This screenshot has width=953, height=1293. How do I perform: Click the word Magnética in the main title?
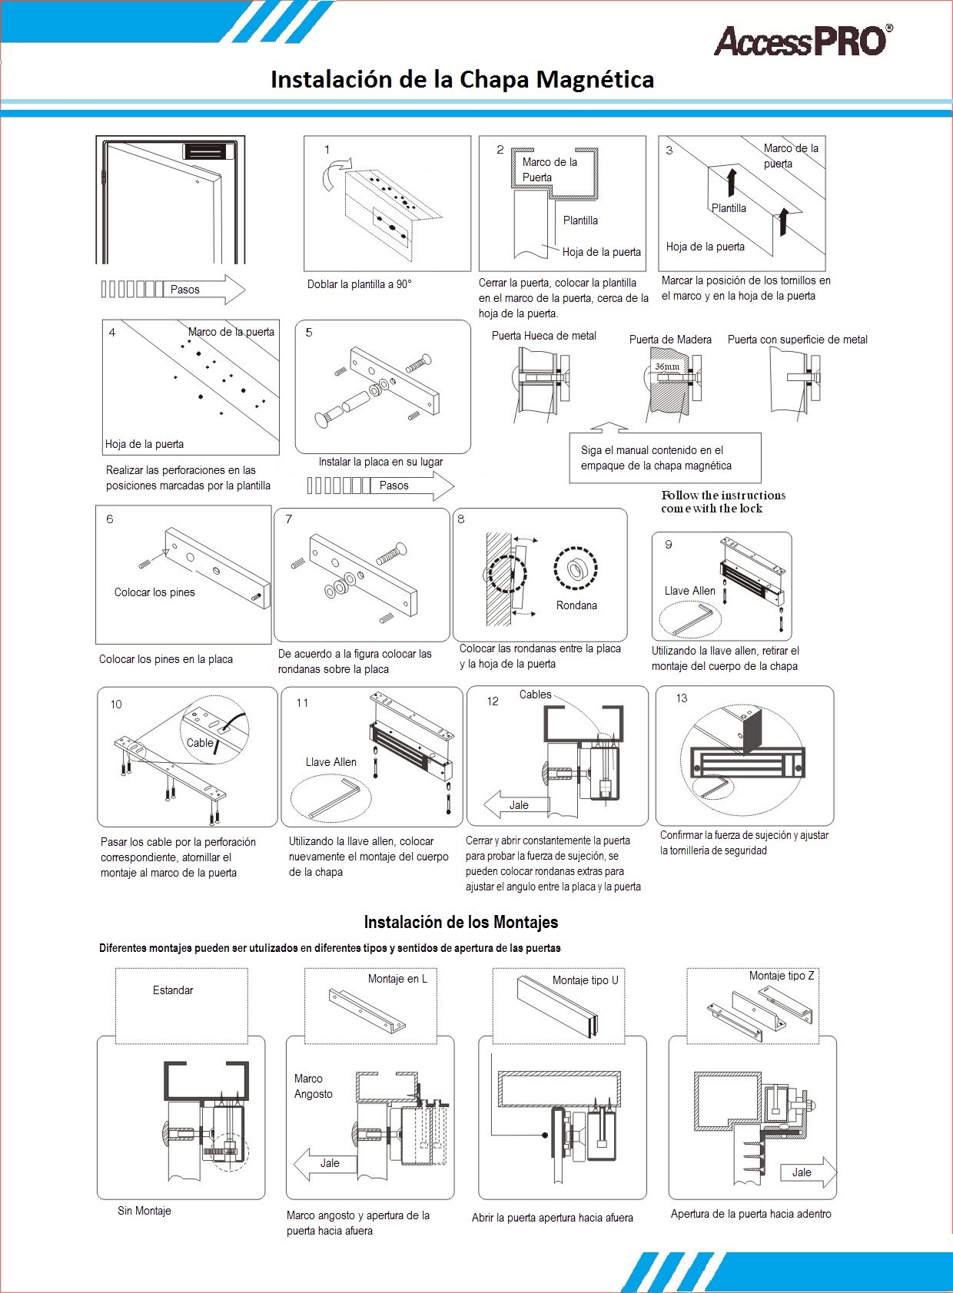(x=594, y=80)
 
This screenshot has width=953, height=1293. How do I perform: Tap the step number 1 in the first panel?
(x=327, y=150)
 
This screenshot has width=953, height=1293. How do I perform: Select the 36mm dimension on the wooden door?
(x=666, y=367)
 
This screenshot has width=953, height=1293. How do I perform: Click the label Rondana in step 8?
(x=576, y=605)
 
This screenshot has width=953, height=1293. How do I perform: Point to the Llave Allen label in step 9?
(x=689, y=591)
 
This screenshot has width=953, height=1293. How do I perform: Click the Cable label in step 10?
(x=200, y=743)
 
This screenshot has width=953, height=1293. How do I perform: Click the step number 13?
(x=682, y=698)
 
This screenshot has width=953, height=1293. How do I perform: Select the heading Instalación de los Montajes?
(x=461, y=922)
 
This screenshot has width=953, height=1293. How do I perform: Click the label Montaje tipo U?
(x=585, y=980)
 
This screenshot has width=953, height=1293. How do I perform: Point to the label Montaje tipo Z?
(x=782, y=976)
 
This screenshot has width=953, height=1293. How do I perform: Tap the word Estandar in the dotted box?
(x=173, y=990)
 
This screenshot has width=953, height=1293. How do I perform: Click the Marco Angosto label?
(x=314, y=1086)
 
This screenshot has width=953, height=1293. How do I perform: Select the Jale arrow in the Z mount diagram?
(x=806, y=1172)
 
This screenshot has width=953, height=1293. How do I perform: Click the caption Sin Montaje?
(x=144, y=1211)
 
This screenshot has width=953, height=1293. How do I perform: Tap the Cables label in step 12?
(x=535, y=695)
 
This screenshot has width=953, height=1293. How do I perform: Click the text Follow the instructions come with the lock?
(x=722, y=502)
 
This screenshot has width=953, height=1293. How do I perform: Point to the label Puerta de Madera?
(x=670, y=340)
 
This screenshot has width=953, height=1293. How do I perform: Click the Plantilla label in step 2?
(x=580, y=220)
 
